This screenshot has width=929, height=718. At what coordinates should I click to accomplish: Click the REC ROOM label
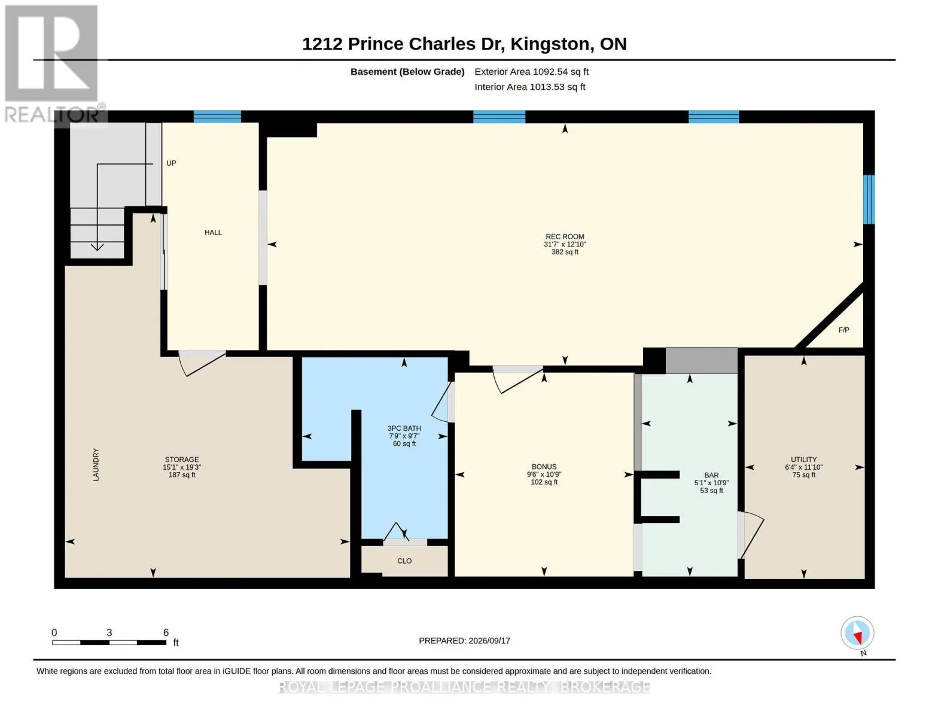pos(564,236)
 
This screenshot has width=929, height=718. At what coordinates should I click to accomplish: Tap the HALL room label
pos(213,232)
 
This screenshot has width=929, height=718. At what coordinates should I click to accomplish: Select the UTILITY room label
pos(803,460)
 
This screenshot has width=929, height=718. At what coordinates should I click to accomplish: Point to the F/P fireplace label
pos(843,330)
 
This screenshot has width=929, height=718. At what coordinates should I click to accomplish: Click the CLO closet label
pos(404,561)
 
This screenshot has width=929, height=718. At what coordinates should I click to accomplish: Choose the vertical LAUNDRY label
pos(96,464)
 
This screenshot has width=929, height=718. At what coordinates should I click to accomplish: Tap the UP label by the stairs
pos(171,163)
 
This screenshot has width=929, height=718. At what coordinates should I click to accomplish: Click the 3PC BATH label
pos(404,428)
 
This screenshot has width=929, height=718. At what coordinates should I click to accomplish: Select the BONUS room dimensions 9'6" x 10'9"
pos(544,474)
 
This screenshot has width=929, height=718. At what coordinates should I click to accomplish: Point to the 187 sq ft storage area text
pos(182,474)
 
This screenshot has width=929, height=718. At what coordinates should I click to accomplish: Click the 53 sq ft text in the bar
pos(711,491)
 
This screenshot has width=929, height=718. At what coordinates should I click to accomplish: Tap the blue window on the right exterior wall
pos(869,199)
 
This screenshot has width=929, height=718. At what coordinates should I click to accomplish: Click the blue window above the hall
pos(217,117)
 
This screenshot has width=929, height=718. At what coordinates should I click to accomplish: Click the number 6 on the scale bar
pos(166,632)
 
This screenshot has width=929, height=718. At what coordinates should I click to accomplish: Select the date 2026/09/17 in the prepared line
pos(489,641)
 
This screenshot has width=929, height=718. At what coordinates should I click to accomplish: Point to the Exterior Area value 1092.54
pos(550,72)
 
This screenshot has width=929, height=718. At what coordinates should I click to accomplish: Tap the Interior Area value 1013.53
pos(548,87)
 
